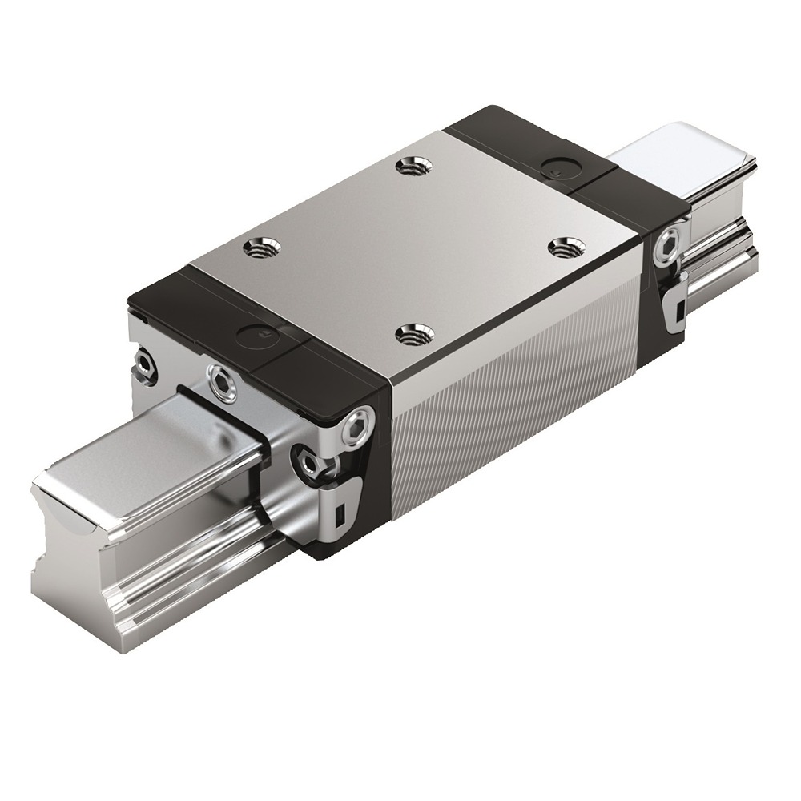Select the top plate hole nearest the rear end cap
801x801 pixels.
pos(414,166)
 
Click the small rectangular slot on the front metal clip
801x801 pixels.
pos(340,512)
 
